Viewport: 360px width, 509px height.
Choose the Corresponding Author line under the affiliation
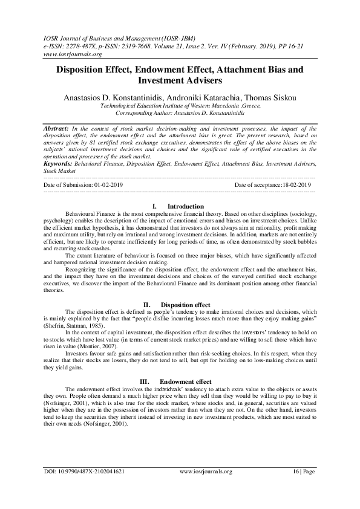[x=180, y=113]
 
